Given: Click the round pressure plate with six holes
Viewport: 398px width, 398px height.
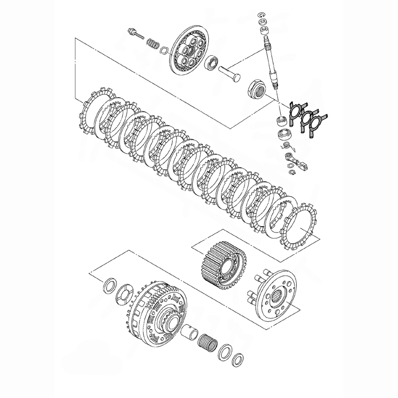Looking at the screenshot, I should click(190, 52).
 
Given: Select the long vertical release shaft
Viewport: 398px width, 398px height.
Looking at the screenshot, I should click(270, 60).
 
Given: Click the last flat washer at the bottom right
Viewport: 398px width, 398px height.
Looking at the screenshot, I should click(238, 360).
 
